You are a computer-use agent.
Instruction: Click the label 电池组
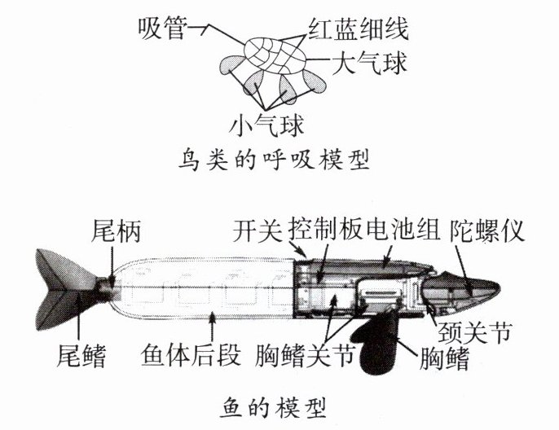pyautogui.click(x=403, y=231)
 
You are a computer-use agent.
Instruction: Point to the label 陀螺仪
pyautogui.click(x=488, y=231)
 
